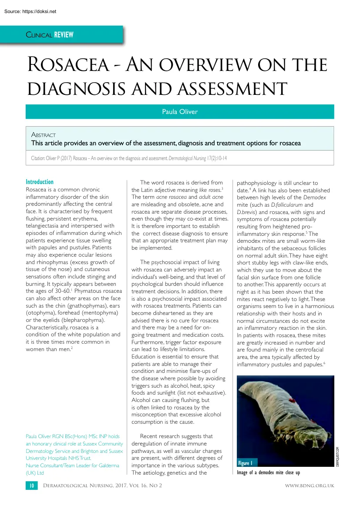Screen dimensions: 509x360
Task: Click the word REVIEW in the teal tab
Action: click(x=64, y=34)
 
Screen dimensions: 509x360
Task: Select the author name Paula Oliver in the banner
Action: click(x=179, y=112)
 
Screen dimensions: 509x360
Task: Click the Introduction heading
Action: click(x=40, y=182)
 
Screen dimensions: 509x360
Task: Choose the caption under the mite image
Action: click(x=269, y=472)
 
